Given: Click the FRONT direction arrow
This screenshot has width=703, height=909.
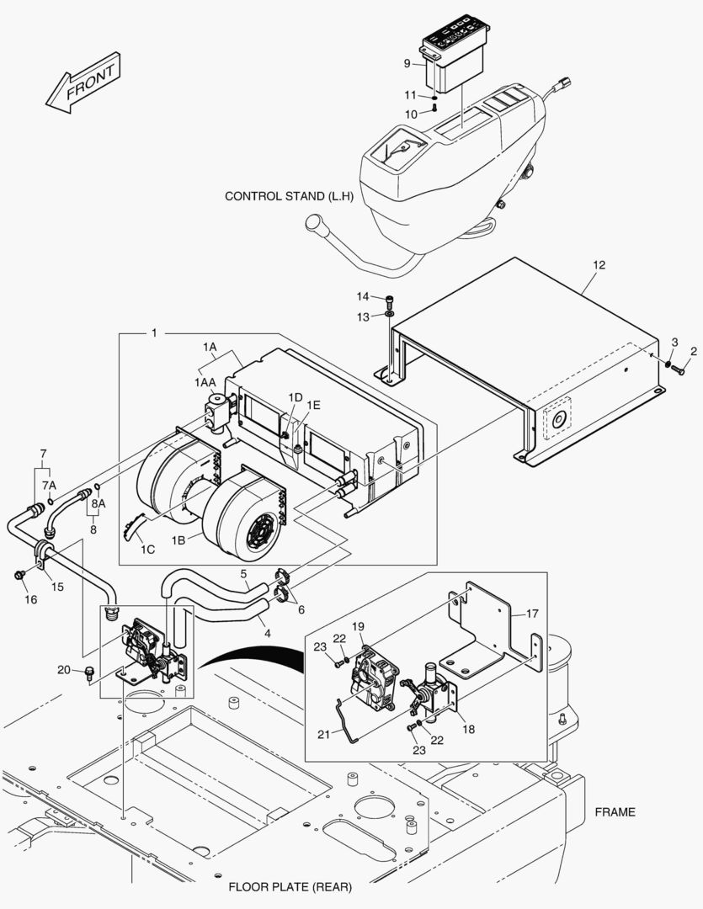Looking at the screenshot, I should [84, 83].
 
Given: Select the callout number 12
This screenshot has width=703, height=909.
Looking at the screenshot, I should [598, 265].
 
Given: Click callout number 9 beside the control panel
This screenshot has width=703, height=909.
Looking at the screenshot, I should [407, 63].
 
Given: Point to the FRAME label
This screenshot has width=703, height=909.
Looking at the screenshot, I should [615, 812].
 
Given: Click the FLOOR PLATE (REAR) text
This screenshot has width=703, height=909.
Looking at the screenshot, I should [290, 887].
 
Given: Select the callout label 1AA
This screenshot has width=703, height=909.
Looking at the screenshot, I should [205, 382].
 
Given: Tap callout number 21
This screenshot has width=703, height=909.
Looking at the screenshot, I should [323, 735].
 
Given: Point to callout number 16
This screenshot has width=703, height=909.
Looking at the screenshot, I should [30, 599].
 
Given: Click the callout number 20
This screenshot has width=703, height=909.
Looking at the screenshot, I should [64, 670].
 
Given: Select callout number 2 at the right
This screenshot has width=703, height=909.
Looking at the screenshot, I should [694, 350].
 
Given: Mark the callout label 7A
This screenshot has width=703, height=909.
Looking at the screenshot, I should [50, 486].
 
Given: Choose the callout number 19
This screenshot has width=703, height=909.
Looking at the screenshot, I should [358, 626].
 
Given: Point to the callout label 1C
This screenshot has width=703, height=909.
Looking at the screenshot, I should [147, 549].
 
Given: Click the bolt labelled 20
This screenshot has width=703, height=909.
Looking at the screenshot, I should [89, 672].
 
